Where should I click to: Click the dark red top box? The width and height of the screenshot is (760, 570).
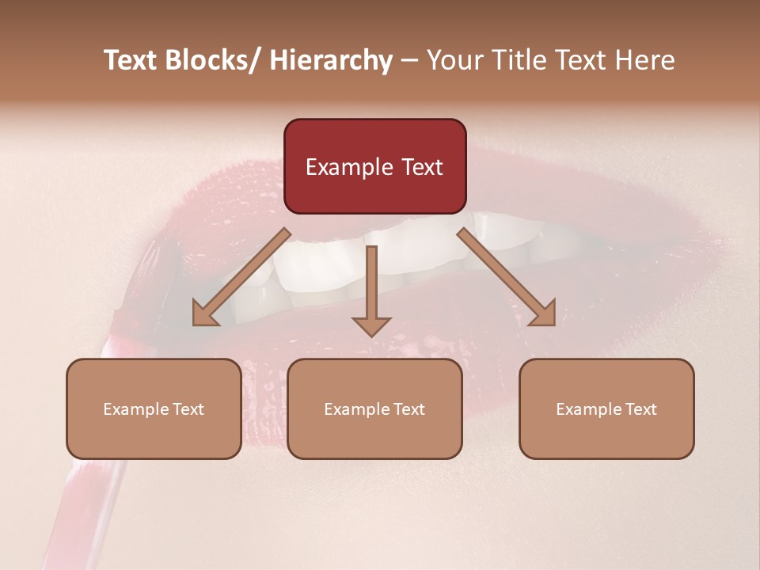(374, 142)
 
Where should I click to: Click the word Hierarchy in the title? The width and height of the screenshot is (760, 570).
(331, 60)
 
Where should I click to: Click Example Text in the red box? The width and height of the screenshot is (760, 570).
(374, 167)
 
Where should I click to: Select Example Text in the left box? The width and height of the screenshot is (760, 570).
(154, 409)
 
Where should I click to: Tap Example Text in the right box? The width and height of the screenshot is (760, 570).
(606, 409)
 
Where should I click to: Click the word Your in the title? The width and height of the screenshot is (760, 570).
(453, 60)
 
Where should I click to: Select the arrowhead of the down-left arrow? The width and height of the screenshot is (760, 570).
(205, 313)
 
